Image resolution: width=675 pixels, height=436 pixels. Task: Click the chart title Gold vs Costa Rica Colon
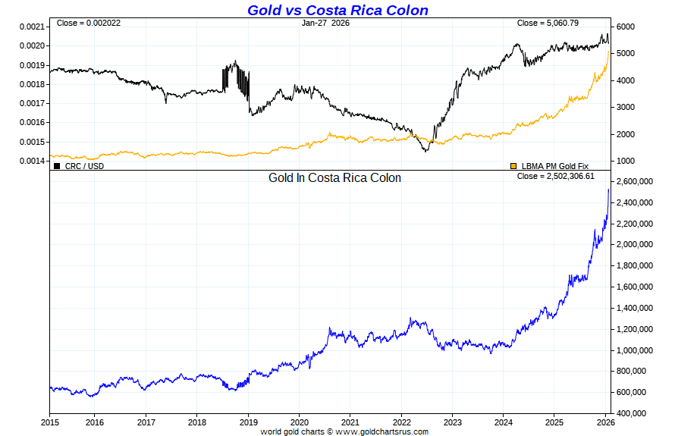pos(337,11)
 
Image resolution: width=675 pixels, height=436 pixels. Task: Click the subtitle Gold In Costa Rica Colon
pos(334,177)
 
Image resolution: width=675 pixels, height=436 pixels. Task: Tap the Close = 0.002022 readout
pos(89,23)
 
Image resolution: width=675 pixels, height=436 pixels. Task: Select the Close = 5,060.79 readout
pos(548,23)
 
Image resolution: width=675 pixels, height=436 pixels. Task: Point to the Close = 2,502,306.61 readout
pos(556,176)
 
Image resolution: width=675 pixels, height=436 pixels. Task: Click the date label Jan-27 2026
pos(325,23)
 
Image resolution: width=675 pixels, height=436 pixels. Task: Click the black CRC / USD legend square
pos(57,165)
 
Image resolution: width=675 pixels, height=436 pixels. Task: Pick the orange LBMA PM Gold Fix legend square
pos(513,165)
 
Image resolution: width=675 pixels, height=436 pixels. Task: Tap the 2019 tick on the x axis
pos(249,422)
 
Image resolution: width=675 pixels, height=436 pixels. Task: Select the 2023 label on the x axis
pos(453,422)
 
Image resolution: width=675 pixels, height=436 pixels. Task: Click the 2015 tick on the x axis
pos(50,422)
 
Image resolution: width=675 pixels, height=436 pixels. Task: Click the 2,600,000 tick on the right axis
pos(636,182)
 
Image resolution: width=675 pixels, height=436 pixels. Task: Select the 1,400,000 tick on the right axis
pos(636,308)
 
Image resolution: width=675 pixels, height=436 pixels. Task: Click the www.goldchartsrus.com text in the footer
pos(381,431)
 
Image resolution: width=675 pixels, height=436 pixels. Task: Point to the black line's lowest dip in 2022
pos(425,151)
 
